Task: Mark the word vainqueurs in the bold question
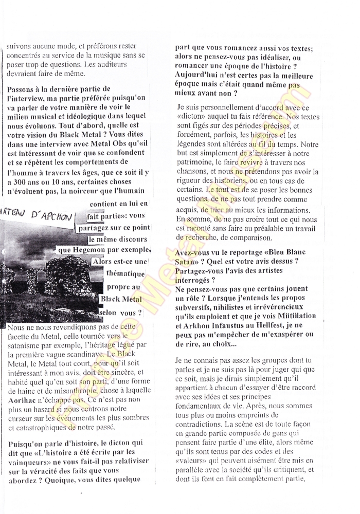pos(30,462)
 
